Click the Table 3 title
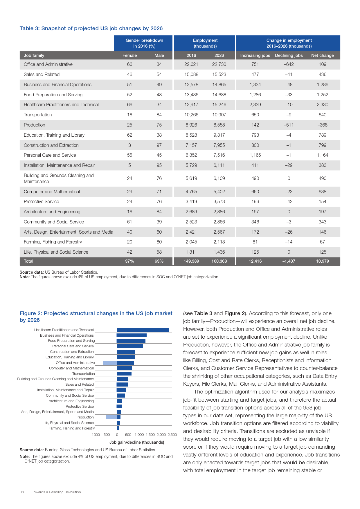pos(91,28)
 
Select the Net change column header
pos(322,55)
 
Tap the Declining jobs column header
pos(289,55)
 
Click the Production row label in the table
pos(35,125)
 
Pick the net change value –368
pos(322,125)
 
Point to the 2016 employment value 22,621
pos(191,64)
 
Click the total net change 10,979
pos(322,261)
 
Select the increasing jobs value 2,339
pos(255,105)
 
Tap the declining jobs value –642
pos(289,64)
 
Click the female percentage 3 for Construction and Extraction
pos(129,145)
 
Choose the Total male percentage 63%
pos(159,261)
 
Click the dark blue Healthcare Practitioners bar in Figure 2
pos(143,330)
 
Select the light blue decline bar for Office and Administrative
pos(110,363)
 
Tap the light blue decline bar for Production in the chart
pos(111,417)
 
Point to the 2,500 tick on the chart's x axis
pos(172,435)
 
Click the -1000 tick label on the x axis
pos(95,435)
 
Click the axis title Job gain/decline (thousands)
pos(137,442)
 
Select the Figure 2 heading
pos(96,317)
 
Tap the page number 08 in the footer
pos(22,492)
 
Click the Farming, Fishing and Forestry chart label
pos(71,428)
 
